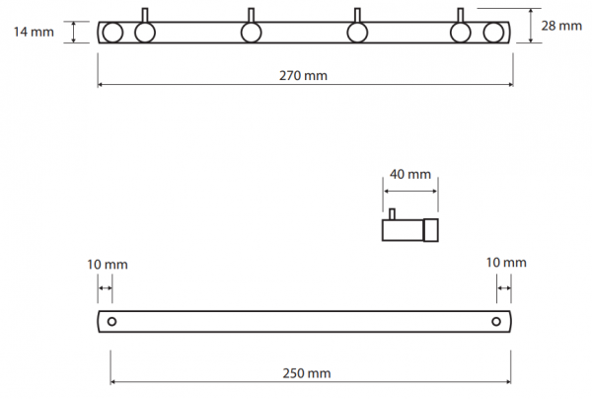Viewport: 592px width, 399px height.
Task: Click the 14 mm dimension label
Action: point(34,32)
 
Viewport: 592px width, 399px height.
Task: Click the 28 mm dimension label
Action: point(561,26)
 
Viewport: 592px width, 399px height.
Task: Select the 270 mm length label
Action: point(303,76)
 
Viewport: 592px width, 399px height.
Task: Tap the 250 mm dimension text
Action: point(307,373)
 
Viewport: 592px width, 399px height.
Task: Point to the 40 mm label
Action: point(410,174)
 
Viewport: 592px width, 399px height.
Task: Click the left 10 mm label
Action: point(108,265)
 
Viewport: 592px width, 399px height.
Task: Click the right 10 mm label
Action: point(506,263)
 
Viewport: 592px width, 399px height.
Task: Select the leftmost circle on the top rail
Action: point(112,33)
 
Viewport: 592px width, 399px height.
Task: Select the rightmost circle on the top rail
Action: point(493,33)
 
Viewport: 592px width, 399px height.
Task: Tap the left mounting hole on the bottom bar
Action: point(111,322)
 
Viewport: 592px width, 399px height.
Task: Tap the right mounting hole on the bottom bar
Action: point(496,322)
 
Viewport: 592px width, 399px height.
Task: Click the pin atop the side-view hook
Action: point(392,214)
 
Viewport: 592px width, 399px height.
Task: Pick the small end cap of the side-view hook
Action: point(431,230)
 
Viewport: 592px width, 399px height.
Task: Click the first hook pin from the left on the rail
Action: point(145,16)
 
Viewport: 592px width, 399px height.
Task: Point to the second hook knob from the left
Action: point(251,33)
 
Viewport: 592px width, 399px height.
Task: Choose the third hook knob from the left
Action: point(357,33)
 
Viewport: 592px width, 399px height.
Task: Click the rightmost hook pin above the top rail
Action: point(460,16)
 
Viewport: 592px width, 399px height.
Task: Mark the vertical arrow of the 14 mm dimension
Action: point(74,33)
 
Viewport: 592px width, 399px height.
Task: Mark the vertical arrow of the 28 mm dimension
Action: point(531,26)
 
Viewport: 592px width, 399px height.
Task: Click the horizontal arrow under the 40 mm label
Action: point(410,192)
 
